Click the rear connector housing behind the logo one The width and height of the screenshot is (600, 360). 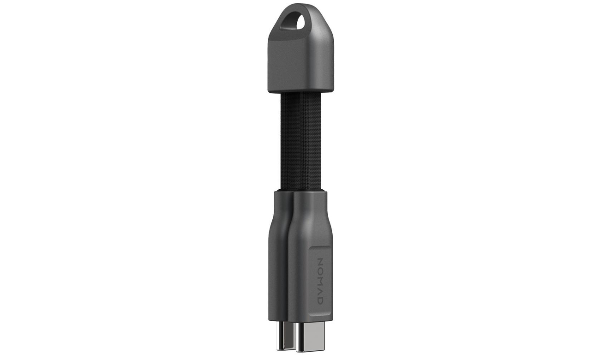(x=280, y=258)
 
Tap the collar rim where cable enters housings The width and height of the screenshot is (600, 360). (x=300, y=191)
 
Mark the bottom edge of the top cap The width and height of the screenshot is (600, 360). (x=300, y=92)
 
